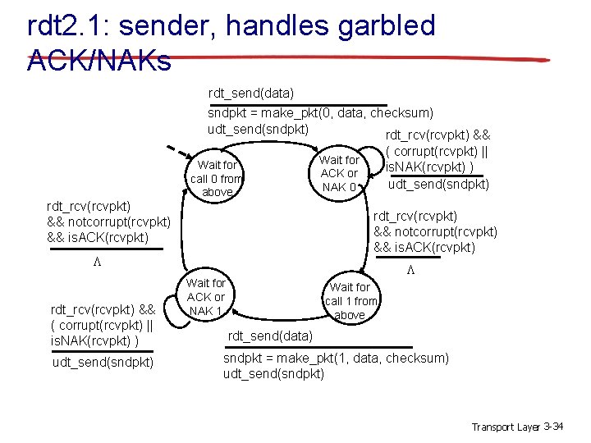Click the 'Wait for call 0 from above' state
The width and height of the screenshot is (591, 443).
coord(217,179)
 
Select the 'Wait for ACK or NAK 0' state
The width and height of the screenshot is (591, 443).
coord(339,173)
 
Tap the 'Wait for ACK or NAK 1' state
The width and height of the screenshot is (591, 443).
coord(206,297)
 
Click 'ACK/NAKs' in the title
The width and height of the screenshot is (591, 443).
coord(98,61)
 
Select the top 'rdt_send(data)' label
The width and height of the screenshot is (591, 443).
coord(251,94)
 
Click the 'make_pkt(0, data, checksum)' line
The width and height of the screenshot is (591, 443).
coord(321,112)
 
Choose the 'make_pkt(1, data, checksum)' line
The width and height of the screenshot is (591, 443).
coord(337,359)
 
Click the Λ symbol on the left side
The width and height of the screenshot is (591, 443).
coord(95,263)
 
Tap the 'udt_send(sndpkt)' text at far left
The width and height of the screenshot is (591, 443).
coord(102,362)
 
